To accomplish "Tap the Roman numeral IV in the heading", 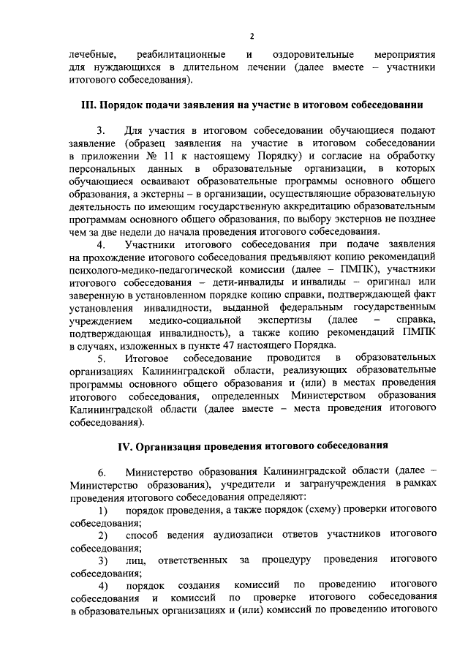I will [126, 445].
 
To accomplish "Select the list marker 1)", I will [103, 509].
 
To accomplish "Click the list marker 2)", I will [103, 535].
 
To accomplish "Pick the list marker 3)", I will [103, 560].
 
